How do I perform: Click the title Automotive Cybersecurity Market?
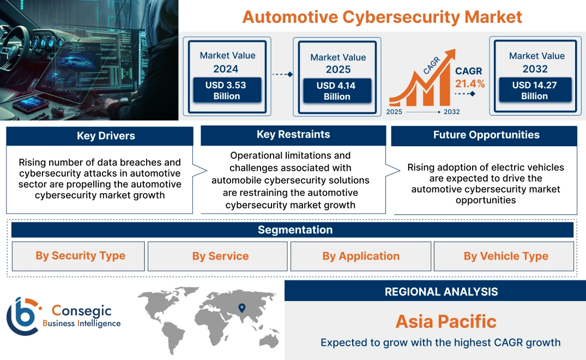click(382, 16)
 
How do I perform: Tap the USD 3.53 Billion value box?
click(227, 91)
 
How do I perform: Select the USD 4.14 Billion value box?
click(337, 91)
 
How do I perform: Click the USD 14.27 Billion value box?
click(534, 90)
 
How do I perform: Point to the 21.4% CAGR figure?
click(469, 83)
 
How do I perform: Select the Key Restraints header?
click(293, 135)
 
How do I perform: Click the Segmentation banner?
click(295, 230)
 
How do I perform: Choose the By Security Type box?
click(80, 256)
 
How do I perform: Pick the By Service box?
click(220, 256)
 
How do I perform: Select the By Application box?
click(361, 256)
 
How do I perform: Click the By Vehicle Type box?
click(506, 256)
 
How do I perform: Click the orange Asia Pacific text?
click(446, 321)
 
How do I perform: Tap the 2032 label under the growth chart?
click(451, 112)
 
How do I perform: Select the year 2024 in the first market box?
click(226, 69)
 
